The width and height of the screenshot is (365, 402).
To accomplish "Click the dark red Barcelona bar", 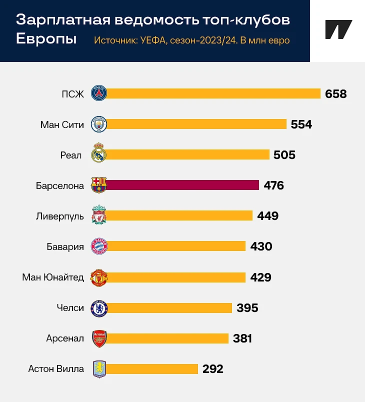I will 182,185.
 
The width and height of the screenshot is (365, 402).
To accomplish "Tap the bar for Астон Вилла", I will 152,369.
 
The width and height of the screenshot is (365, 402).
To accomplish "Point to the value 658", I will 335,94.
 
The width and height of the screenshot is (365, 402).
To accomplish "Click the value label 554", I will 301,124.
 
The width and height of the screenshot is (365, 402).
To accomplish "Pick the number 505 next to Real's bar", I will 284,155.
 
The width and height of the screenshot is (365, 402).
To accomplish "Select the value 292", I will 212,369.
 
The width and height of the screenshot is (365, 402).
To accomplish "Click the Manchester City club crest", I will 99,124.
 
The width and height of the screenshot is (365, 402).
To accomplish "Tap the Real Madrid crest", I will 99,154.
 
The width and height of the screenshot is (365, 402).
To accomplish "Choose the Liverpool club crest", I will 99,216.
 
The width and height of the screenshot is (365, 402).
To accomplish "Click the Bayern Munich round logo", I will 99,246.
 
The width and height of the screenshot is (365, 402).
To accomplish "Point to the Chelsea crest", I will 99,308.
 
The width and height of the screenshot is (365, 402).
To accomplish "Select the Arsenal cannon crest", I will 99,338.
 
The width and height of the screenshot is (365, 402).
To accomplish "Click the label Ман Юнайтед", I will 53,277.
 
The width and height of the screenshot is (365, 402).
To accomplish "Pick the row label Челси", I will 70,308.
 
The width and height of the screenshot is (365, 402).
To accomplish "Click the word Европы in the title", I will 46,39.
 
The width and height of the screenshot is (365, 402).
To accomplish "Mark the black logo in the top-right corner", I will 338,29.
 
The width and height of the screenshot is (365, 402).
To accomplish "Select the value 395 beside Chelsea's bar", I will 247,308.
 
